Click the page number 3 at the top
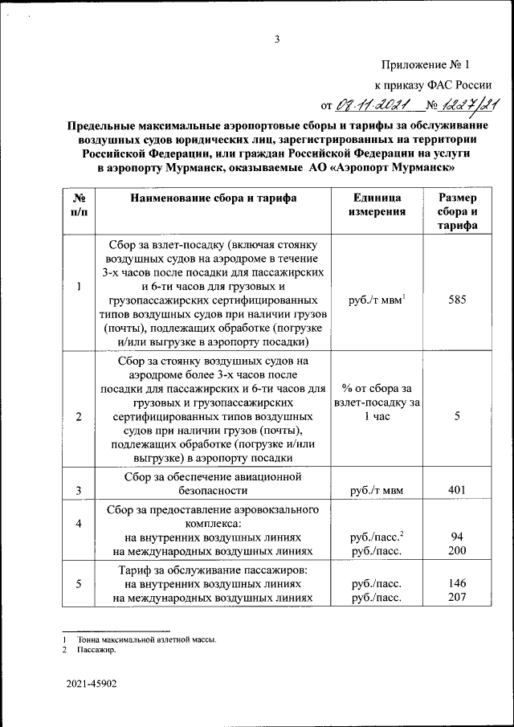[x=275, y=38]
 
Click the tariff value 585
[x=456, y=300]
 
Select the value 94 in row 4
[x=456, y=537]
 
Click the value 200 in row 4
[x=456, y=551]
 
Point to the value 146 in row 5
[x=456, y=584]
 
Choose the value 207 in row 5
[x=456, y=598]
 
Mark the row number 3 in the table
[x=78, y=488]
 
